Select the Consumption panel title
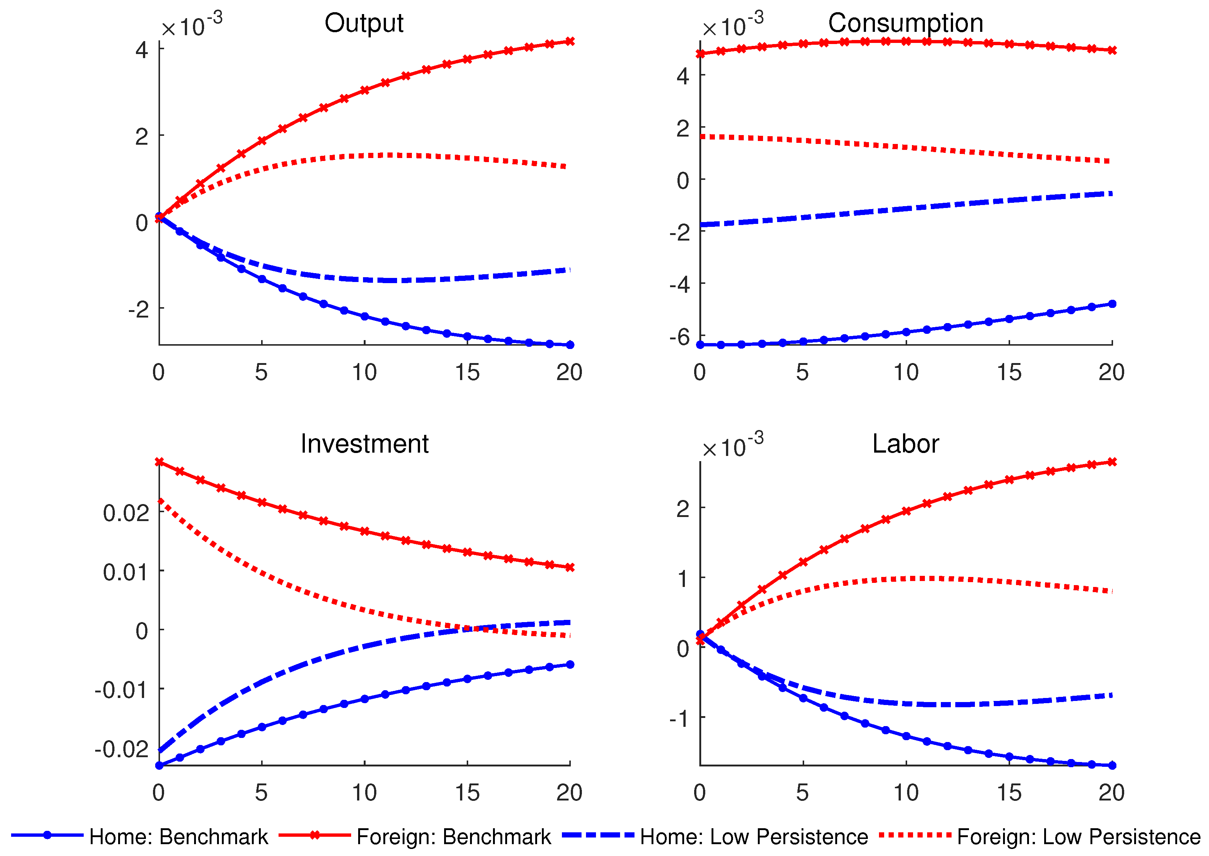(x=905, y=24)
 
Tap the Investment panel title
(x=364, y=444)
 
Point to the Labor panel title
(x=905, y=444)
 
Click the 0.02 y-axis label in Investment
(x=126, y=513)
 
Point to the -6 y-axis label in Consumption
(x=679, y=337)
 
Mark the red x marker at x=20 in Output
(x=570, y=41)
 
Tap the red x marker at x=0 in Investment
(x=159, y=462)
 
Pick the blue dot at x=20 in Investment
(x=570, y=665)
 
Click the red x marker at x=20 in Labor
(x=1112, y=462)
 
